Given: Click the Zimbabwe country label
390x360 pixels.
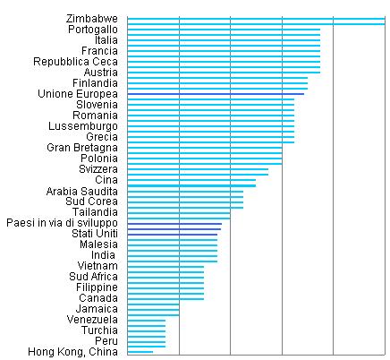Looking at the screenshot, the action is coord(92,19).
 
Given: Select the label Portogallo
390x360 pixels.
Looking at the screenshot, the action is coord(93,30).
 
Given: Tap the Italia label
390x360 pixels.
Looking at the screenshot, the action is coord(106,40).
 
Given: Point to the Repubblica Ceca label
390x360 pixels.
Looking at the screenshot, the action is coord(75,62).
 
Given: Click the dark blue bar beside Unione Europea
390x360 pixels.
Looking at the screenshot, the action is coord(216,94).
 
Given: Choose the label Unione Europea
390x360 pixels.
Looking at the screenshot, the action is coord(78,94).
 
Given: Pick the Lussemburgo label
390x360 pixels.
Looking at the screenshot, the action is coord(83,126).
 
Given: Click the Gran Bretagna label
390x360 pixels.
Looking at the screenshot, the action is coord(82,148).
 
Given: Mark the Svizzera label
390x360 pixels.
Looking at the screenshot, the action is coord(98,169).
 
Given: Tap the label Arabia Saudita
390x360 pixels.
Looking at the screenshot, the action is coord(82,191).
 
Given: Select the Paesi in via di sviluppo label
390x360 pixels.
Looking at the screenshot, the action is coord(62,223).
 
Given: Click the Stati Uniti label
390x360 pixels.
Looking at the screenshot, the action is coord(95,234).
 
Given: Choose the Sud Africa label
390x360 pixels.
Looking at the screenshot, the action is coord(93,277).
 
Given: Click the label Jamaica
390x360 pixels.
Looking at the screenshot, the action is coord(97,309).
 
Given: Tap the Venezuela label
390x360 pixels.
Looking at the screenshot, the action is coord(92,320).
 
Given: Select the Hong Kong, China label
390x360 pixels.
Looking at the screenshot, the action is coord(72,352).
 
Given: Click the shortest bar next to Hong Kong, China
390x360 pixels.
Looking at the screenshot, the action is coord(140,352).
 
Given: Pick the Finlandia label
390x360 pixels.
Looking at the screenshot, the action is coord(95,83).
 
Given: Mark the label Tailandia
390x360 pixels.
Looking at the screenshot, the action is coord(95,212).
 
